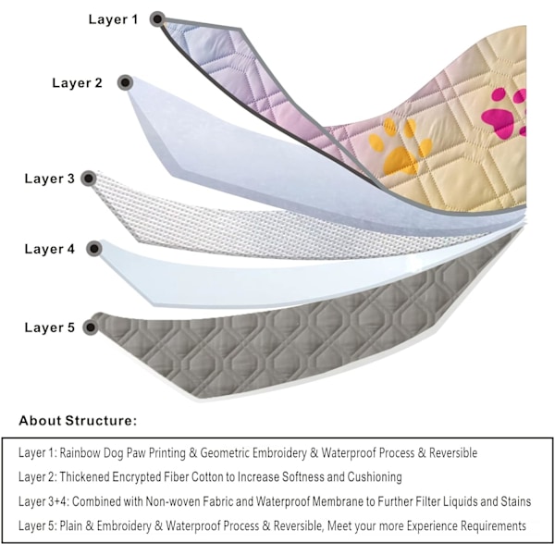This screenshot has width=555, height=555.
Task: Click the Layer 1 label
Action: point(114,18)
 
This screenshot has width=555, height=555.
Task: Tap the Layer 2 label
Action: point(77,83)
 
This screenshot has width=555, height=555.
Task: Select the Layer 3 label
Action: point(49,179)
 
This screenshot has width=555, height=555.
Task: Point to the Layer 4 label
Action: point(50,249)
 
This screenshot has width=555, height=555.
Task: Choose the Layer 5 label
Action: point(50,327)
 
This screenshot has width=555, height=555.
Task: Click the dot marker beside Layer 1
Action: point(157,18)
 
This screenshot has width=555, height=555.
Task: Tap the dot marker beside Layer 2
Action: point(123,83)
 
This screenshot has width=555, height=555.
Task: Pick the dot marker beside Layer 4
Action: point(93,249)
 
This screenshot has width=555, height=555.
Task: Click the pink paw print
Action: point(504,114)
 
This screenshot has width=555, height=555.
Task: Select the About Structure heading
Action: point(78,421)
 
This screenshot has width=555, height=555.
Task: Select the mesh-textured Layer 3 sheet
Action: point(277,222)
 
